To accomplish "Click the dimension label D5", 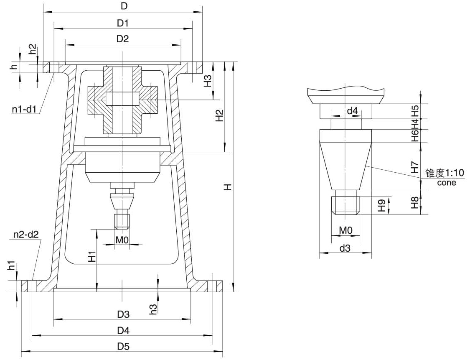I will point(122,347).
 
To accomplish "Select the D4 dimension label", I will point(122,331).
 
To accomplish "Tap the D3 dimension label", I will point(122,314).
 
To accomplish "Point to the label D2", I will point(122,39).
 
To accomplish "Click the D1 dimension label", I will point(122,23).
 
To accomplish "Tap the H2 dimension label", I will point(219,115).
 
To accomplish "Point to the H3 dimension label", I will point(208,81).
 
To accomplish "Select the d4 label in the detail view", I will point(352,111).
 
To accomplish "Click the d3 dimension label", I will point(345,248).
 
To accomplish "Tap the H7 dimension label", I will point(414,167).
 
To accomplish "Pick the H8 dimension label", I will point(414,202).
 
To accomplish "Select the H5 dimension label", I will point(414,110).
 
